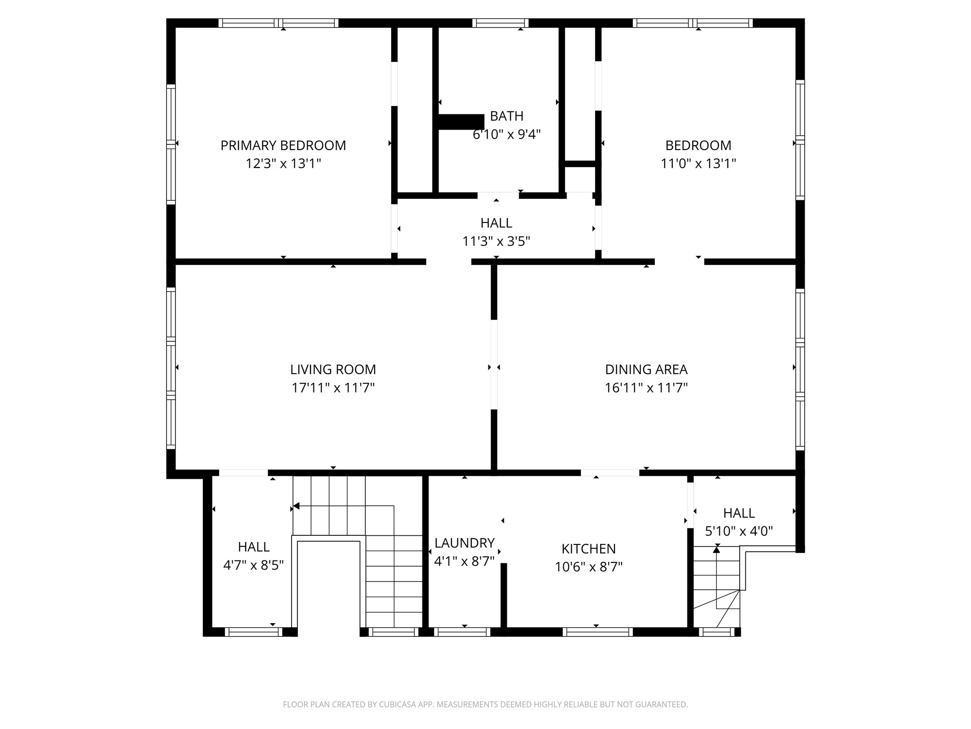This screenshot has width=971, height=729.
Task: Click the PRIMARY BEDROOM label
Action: [283, 145]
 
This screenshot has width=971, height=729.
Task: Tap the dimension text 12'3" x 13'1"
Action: [283, 164]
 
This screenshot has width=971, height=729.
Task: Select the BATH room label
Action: [506, 116]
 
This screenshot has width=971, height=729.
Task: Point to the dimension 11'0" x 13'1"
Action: [698, 164]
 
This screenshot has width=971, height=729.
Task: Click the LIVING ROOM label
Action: [333, 369]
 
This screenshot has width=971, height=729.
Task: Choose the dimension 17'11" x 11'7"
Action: [333, 388]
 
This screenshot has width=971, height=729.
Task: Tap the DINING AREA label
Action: [646, 369]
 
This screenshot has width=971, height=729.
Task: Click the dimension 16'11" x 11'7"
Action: [646, 388]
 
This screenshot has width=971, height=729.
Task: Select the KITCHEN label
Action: [588, 549]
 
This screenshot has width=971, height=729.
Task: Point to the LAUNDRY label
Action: [464, 542]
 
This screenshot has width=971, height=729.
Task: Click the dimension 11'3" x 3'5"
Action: [496, 242]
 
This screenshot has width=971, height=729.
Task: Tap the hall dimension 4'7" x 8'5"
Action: [253, 565]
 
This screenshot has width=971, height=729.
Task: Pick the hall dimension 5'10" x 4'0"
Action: [739, 531]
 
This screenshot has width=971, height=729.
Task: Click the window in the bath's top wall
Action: [500, 23]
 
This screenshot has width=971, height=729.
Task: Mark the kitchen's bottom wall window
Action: [597, 632]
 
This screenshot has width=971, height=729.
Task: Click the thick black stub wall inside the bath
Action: [460, 121]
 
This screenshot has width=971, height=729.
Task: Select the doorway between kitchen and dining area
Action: [610, 472]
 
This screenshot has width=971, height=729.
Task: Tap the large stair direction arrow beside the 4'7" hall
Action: [296, 506]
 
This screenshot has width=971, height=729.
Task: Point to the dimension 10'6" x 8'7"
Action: [588, 567]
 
